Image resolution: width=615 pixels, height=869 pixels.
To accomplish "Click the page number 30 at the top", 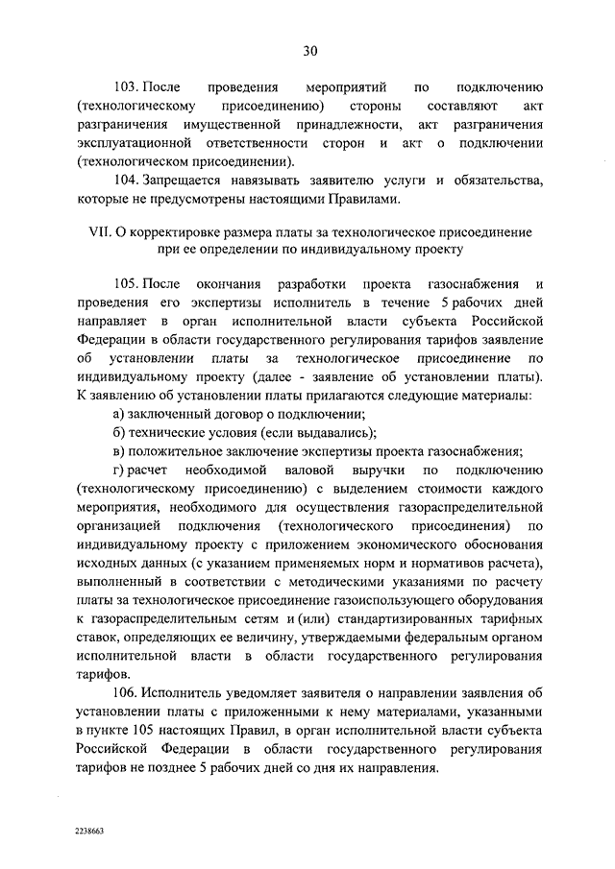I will click(x=307, y=51).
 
